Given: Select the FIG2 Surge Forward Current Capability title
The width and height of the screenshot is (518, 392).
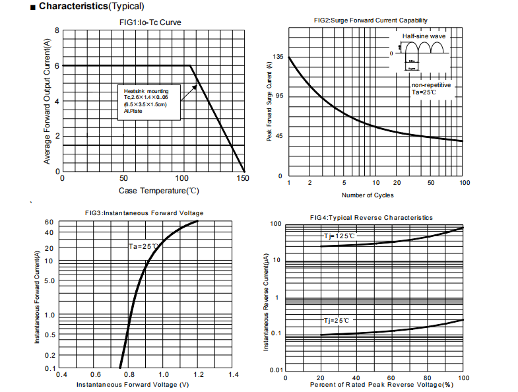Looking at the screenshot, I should point(375,21).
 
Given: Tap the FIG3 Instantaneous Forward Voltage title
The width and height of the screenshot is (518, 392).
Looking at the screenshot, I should point(144,213).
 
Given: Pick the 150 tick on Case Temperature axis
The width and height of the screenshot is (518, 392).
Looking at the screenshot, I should point(243,179).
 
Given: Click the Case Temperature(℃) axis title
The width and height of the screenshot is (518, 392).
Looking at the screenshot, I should point(158,191).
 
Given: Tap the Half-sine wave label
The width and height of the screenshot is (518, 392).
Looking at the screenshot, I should point(424,36).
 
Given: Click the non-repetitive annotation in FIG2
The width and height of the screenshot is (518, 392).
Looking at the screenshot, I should point(431,86).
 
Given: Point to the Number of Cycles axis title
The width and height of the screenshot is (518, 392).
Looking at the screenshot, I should point(368,195).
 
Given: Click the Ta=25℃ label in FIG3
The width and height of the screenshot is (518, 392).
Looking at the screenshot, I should point(143,247).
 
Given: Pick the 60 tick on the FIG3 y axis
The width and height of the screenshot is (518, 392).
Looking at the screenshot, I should point(49,222).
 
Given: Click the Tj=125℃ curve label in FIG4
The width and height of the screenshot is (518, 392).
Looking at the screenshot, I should point(339,236).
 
